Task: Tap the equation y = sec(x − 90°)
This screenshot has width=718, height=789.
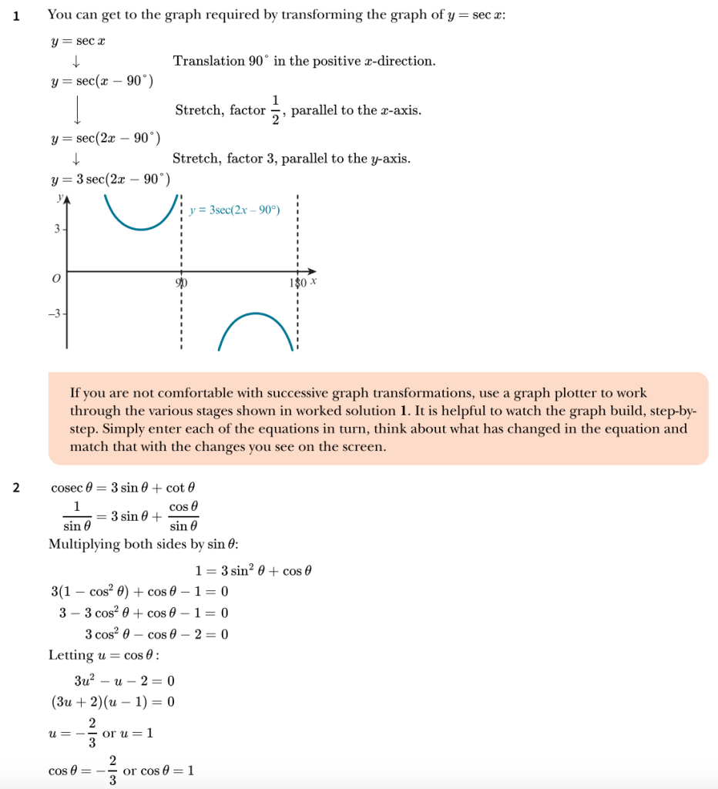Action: click(x=102, y=82)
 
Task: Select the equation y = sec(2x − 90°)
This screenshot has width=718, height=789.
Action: click(x=105, y=139)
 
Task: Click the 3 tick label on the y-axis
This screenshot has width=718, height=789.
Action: click(x=55, y=230)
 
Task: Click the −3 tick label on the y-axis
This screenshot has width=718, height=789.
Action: click(x=52, y=314)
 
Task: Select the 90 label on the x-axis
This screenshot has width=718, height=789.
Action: click(x=182, y=283)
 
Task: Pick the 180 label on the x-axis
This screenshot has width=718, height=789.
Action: click(x=297, y=283)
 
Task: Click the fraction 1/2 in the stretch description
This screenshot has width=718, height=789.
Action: click(x=276, y=110)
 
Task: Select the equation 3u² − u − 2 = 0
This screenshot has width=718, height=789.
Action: click(x=124, y=680)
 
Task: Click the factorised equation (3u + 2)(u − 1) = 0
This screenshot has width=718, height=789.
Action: click(x=112, y=702)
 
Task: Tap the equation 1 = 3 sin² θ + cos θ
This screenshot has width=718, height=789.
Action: click(x=253, y=571)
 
